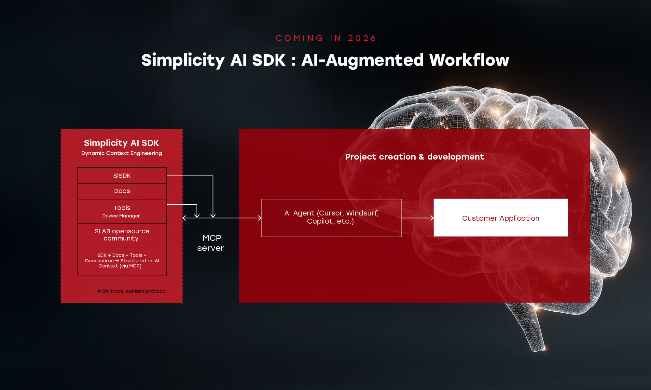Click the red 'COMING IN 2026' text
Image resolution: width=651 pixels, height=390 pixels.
coord(326,38)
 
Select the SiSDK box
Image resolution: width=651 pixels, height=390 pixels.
coord(122,175)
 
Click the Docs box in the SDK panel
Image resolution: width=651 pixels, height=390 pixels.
coord(122,191)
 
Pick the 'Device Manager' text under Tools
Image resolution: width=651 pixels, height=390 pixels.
coord(121,216)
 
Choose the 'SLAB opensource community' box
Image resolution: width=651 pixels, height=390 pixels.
coord(122,235)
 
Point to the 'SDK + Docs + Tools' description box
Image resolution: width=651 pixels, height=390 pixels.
coord(122,261)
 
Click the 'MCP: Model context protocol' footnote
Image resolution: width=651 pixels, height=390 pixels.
coord(132,291)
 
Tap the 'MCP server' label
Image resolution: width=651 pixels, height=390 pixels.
coord(211,243)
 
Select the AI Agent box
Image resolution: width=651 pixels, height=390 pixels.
coord(331,217)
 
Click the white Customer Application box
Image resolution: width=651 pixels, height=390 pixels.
coord(500,218)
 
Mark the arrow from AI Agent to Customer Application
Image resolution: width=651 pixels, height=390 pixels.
coord(417,218)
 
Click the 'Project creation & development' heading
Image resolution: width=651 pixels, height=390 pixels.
coord(414,157)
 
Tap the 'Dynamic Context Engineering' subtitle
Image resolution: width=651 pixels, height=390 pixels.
coord(121,153)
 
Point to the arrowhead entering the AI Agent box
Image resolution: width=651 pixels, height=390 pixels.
coord(259,218)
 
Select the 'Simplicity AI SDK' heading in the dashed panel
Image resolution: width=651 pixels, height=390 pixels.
coord(121,143)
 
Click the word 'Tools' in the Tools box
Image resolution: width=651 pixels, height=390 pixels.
coord(122,208)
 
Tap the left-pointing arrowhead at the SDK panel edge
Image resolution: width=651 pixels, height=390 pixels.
coord(185,218)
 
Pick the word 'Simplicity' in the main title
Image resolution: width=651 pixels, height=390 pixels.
coord(183,60)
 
